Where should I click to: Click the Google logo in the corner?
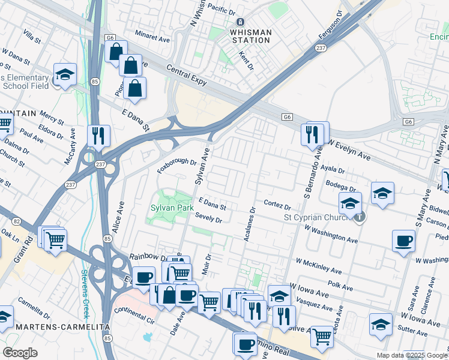pyautogui.click(x=20, y=353)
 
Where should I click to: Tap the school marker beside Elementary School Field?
pyautogui.click(x=65, y=75)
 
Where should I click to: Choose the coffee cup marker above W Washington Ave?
pyautogui.click(x=403, y=241)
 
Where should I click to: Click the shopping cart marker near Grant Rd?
pyautogui.click(x=55, y=239)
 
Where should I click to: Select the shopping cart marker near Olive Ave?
pyautogui.click(x=322, y=337)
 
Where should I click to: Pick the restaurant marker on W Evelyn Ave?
pyautogui.click(x=312, y=134)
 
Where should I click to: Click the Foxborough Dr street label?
pyautogui.click(x=177, y=162)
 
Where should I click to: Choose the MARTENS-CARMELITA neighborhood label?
pyautogui.click(x=55, y=326)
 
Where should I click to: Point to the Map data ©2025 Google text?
pyautogui.click(x=412, y=355)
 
